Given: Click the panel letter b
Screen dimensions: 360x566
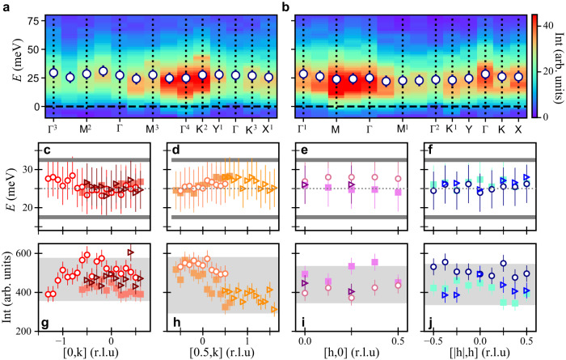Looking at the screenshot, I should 285,7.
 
